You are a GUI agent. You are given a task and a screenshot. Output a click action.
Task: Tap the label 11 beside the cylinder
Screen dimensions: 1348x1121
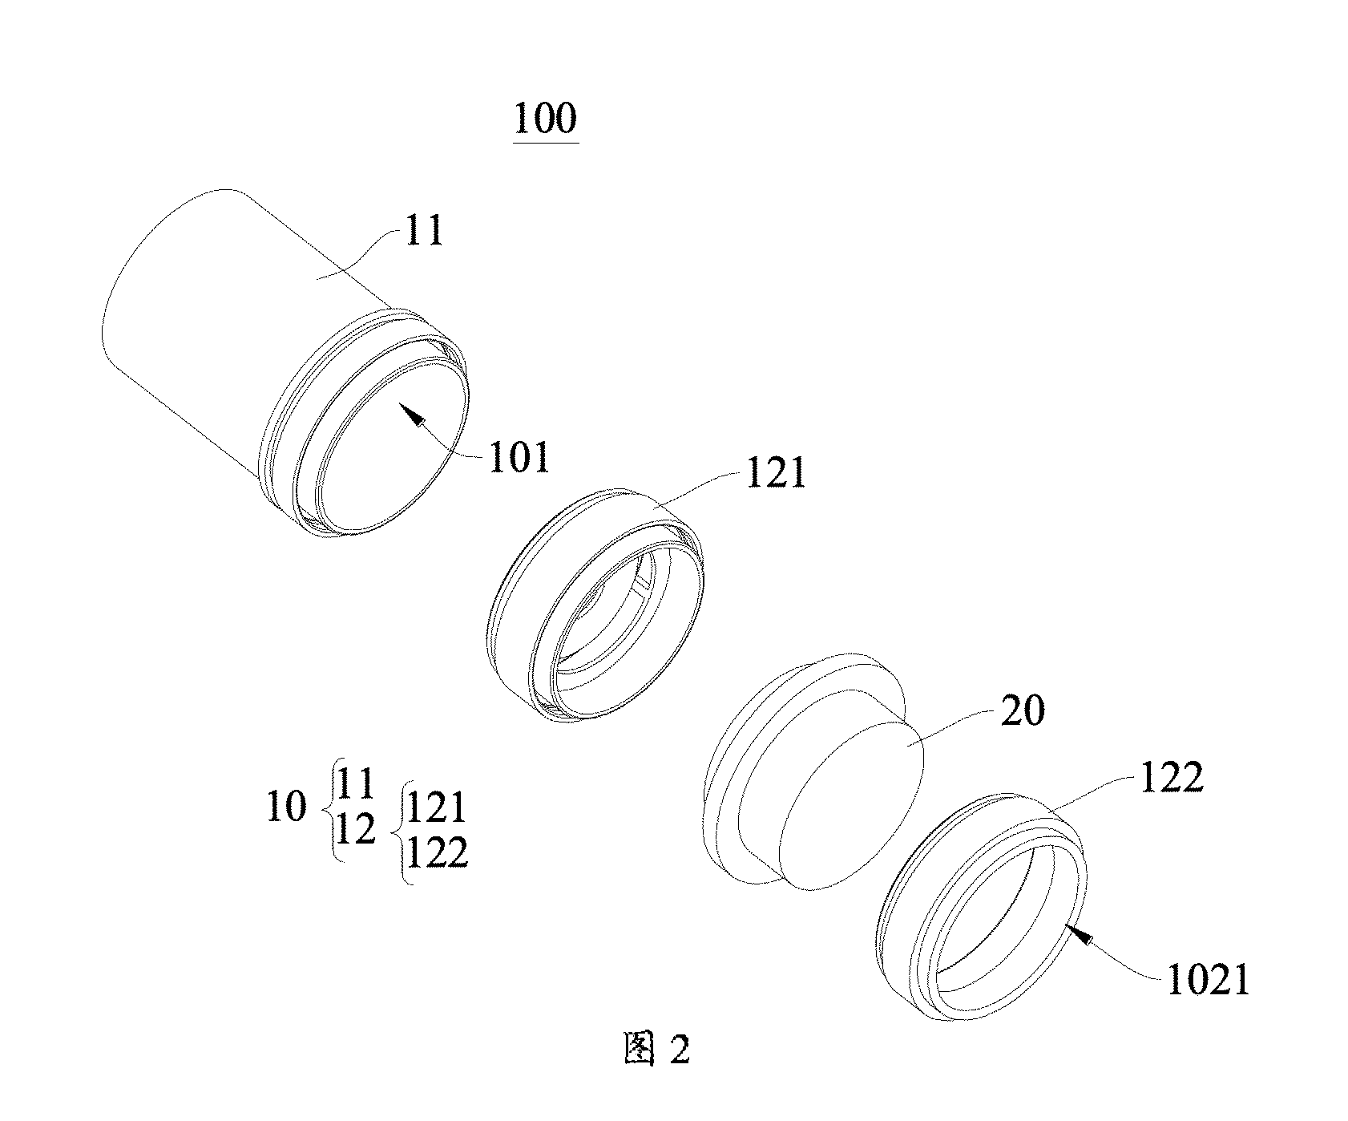point(425,232)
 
